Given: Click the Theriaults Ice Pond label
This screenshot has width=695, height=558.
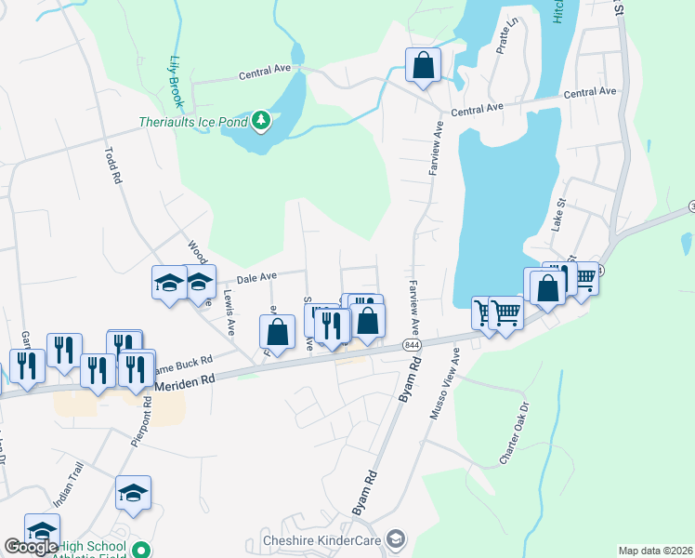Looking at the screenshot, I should [x=194, y=122].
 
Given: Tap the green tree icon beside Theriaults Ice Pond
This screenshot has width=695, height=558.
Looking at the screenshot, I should [x=262, y=120].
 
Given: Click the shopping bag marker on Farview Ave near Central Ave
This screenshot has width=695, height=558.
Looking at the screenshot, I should [x=423, y=66].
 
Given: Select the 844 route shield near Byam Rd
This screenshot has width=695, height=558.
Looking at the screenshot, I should [x=412, y=344].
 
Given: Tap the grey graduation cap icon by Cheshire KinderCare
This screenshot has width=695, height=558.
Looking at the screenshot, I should [x=397, y=539].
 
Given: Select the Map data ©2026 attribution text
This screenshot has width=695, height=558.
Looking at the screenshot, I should [x=655, y=551].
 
